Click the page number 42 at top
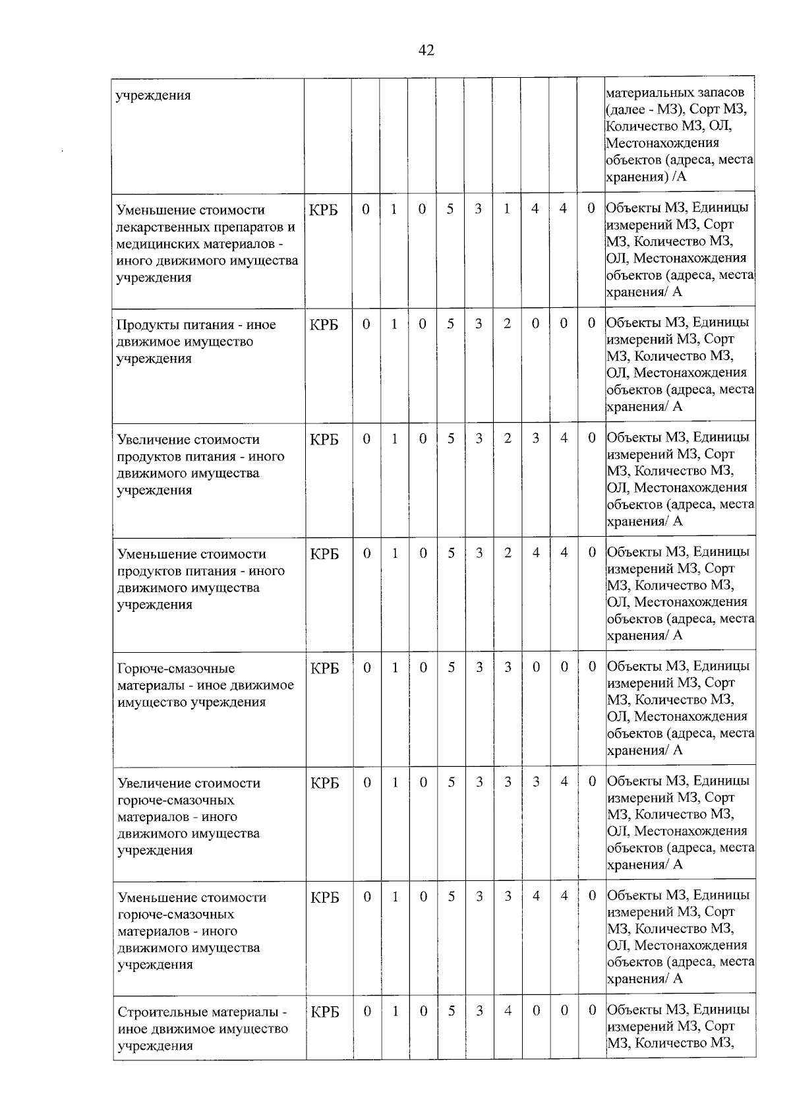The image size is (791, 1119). (x=426, y=50)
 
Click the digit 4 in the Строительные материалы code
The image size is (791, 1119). (x=508, y=1010)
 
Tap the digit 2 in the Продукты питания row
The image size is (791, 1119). (x=507, y=324)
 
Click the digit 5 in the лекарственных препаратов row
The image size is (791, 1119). (x=450, y=209)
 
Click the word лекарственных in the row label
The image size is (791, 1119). (x=167, y=227)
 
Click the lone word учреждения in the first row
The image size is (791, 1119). (x=154, y=95)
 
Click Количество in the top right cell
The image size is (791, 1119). (x=637, y=126)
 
